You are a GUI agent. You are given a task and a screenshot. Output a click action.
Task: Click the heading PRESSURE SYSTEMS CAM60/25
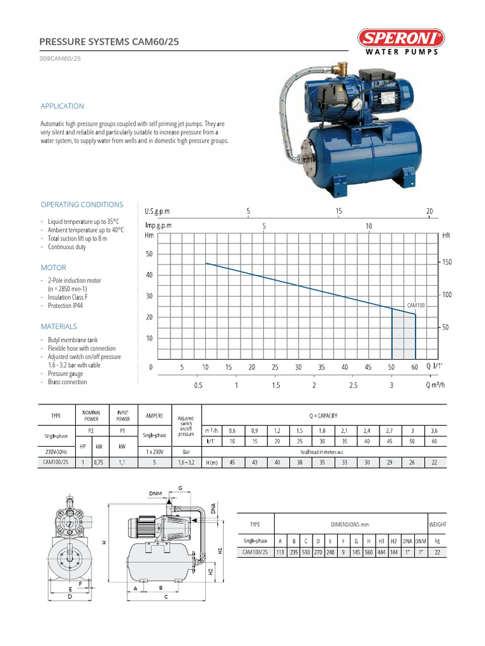coord(109,42)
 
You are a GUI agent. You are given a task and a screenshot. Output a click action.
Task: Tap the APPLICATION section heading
coord(62,106)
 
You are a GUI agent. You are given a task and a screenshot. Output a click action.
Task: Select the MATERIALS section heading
coord(59,326)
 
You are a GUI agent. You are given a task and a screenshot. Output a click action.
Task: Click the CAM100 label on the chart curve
coord(416,305)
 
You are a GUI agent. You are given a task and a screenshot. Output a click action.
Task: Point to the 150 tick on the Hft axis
coord(446,262)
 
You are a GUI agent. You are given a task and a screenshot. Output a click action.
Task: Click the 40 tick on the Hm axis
coord(150,275)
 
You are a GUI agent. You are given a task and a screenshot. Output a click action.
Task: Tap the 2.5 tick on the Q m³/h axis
coord(352,385)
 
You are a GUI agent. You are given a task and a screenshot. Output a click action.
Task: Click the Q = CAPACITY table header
coord(323,416)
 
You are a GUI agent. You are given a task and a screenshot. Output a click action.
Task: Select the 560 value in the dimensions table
coord(368,552)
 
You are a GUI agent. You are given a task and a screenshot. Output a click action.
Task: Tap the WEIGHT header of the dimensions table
coord(437,524)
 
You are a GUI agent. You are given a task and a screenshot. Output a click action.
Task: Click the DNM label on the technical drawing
coord(155,493)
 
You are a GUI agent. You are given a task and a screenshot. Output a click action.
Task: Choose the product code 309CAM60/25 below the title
coord(60,59)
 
